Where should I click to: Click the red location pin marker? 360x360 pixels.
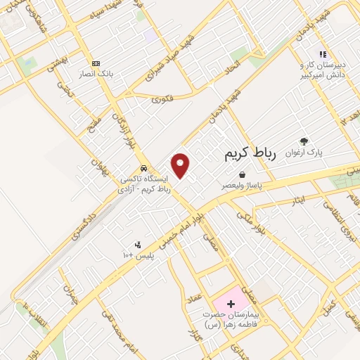click(181, 165)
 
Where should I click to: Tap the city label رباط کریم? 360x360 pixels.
click(252, 152)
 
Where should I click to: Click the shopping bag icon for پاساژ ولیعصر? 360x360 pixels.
click(242, 174)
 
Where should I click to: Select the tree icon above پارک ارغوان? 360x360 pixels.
click(304, 141)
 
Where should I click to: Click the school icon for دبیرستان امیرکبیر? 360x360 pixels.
click(323, 53)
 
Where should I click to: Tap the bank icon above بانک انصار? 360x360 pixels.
click(96, 63)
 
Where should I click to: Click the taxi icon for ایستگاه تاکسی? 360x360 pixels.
click(143, 169)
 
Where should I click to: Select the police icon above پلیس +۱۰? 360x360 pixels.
click(138, 245)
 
